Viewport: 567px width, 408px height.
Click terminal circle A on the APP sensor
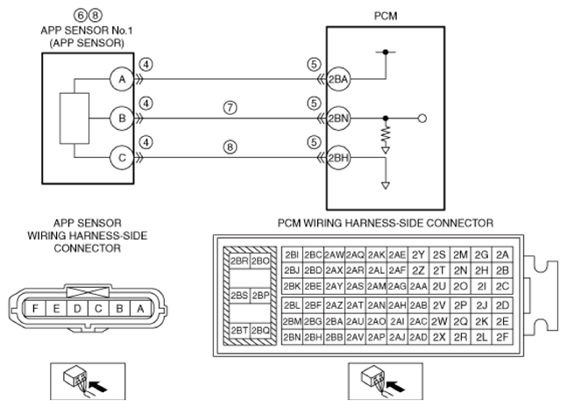(122, 79)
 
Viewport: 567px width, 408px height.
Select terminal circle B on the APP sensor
(122, 118)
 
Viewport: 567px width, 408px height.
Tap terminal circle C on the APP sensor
(122, 157)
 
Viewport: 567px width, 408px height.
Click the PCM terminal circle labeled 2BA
(338, 79)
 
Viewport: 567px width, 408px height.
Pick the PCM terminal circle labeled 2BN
(338, 118)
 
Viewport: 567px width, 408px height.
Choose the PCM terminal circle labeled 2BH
(338, 157)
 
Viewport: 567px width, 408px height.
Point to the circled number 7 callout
(230, 108)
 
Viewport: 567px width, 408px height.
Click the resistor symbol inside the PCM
(386, 134)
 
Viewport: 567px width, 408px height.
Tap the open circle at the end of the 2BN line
(422, 118)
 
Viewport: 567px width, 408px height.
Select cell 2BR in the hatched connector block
(239, 261)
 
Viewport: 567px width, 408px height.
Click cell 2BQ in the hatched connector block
(260, 330)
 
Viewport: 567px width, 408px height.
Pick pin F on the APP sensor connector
(35, 309)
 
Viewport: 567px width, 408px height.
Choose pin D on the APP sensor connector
(77, 309)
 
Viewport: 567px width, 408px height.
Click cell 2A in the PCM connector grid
(502, 254)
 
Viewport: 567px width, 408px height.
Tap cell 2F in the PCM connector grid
(502, 337)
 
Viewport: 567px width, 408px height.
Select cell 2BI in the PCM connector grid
(292, 254)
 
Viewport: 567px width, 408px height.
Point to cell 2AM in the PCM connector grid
(376, 286)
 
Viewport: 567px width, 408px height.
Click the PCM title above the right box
(386, 17)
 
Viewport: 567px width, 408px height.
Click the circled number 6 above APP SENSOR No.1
(81, 15)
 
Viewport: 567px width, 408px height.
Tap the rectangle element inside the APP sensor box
(74, 118)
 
